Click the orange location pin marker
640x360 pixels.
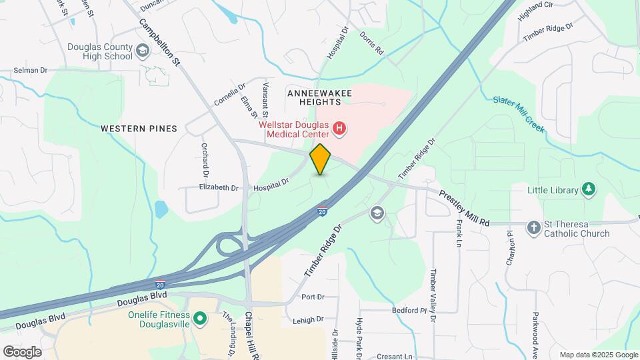(321, 159)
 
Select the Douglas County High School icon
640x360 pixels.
(142, 51)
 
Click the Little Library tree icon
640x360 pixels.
(589, 190)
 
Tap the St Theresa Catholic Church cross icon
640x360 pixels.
(533, 228)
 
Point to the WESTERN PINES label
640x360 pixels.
(139, 128)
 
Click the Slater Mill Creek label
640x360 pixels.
(519, 111)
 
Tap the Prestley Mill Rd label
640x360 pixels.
(465, 208)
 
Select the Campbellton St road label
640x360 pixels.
(160, 41)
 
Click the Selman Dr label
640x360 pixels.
(31, 70)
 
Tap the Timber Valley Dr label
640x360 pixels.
(433, 296)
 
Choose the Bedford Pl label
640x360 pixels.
(409, 311)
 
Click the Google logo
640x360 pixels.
(22, 351)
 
